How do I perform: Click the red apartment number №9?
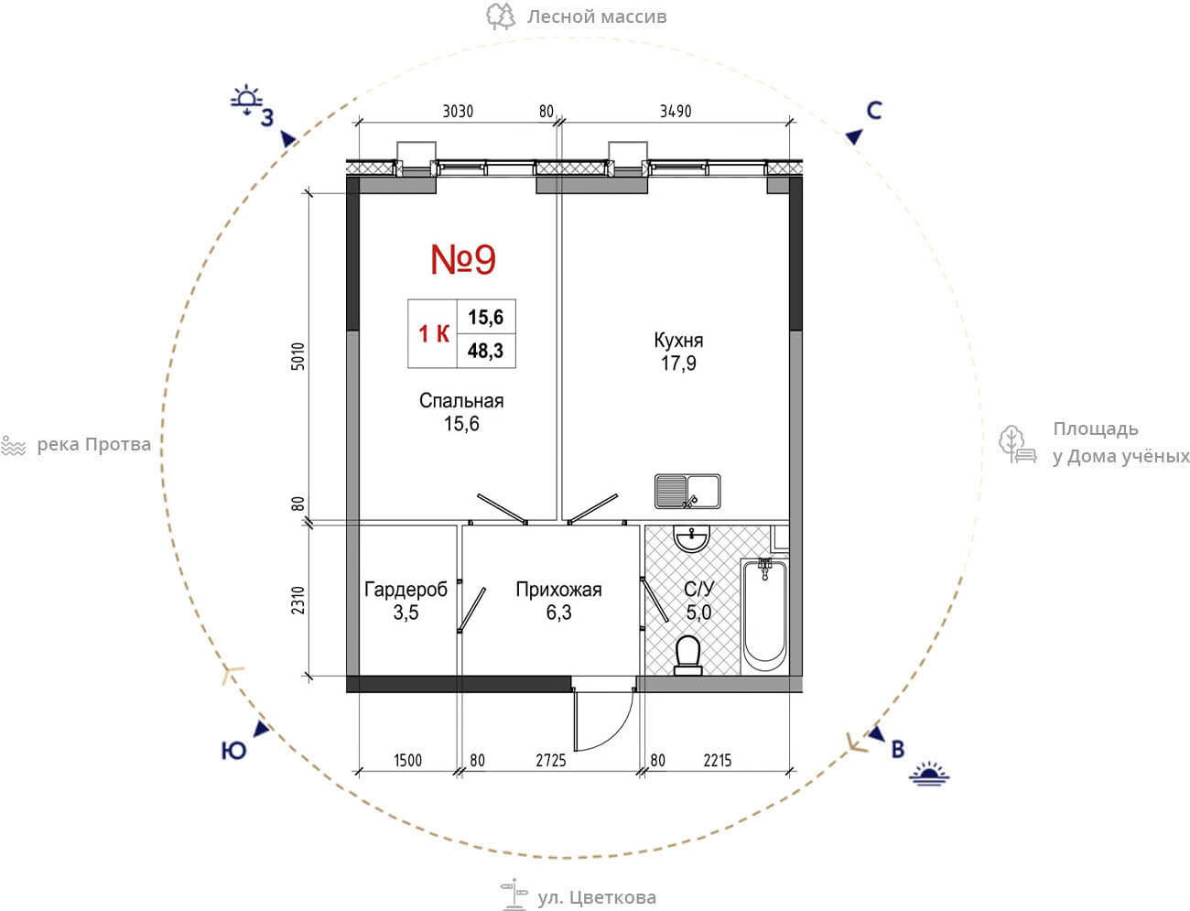pos(463,260)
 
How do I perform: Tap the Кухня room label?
pos(678,341)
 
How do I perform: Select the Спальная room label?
pos(461,401)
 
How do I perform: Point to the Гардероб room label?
pos(406,590)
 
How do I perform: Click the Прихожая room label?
pos(558,590)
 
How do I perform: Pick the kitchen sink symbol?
pos(687,492)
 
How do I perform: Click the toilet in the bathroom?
pos(688,656)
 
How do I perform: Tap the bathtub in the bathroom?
pos(764,616)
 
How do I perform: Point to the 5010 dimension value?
pos(298,356)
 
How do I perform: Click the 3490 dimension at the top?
pos(676,111)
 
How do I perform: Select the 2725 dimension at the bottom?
pos(551,760)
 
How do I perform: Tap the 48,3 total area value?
pos(485,351)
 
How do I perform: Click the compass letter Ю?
pos(233,752)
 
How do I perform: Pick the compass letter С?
pos(874,111)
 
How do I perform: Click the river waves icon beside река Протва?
pos(14,446)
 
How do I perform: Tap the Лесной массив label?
pos(597,16)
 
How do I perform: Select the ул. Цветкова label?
pos(597,897)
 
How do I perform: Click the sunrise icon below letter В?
pos(929,774)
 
